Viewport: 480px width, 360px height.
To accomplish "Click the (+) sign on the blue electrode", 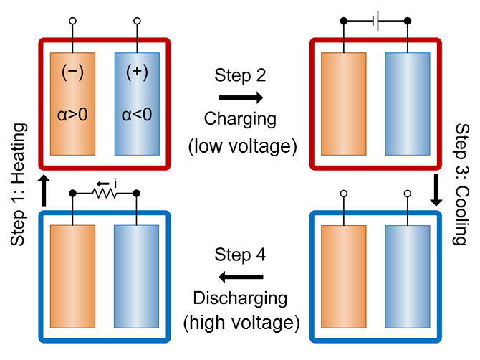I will click(136, 72).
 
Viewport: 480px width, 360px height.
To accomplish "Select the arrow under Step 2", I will click(240, 98).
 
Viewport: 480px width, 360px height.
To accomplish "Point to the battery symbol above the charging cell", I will click(377, 22).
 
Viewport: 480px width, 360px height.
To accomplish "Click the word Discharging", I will click(240, 298).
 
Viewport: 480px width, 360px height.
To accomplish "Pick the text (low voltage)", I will click(240, 146).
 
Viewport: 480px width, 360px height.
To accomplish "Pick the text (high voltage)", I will click(240, 324).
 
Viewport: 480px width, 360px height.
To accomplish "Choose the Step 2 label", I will click(240, 75).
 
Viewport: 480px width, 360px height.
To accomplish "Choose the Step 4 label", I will click(240, 255).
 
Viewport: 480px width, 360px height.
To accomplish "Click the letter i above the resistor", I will click(115, 184).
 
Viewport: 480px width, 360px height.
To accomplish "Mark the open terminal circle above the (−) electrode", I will click(72, 22).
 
